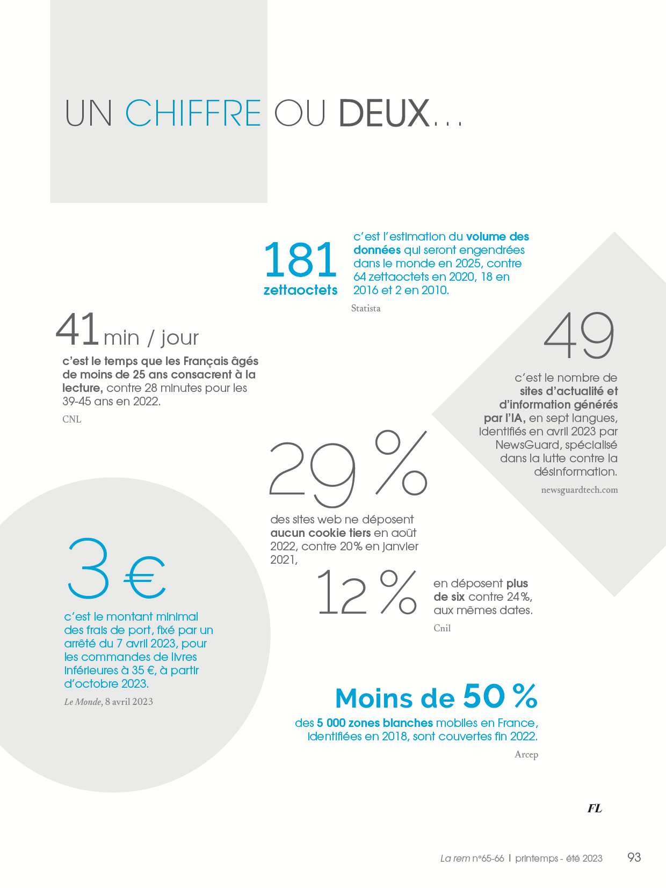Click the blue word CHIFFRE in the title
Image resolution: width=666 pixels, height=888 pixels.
pyautogui.click(x=193, y=113)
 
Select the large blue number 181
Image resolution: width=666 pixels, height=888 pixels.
pyautogui.click(x=300, y=260)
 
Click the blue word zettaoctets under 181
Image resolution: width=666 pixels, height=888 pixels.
pyautogui.click(x=300, y=290)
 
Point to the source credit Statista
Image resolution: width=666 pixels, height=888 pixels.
pyautogui.click(x=366, y=308)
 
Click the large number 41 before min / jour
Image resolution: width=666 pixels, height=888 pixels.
pyautogui.click(x=77, y=329)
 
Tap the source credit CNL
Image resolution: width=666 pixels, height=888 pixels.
pyautogui.click(x=72, y=419)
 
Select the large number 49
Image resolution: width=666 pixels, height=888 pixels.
pyautogui.click(x=579, y=337)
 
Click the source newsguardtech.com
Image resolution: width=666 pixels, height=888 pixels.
pyautogui.click(x=579, y=490)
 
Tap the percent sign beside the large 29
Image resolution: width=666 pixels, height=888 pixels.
pyautogui.click(x=401, y=463)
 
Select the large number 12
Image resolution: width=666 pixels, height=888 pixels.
pyautogui.click(x=341, y=593)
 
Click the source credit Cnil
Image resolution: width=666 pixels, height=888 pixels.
pyautogui.click(x=442, y=628)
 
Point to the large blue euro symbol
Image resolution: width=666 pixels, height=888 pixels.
pyautogui.click(x=145, y=578)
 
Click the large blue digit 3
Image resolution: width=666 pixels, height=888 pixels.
pyautogui.click(x=89, y=569)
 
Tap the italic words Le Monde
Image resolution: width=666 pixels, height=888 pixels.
pyautogui.click(x=83, y=702)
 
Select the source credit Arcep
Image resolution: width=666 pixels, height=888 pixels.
pyautogui.click(x=526, y=754)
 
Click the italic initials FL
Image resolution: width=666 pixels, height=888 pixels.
pyautogui.click(x=595, y=808)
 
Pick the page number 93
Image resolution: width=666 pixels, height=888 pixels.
pyautogui.click(x=634, y=857)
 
